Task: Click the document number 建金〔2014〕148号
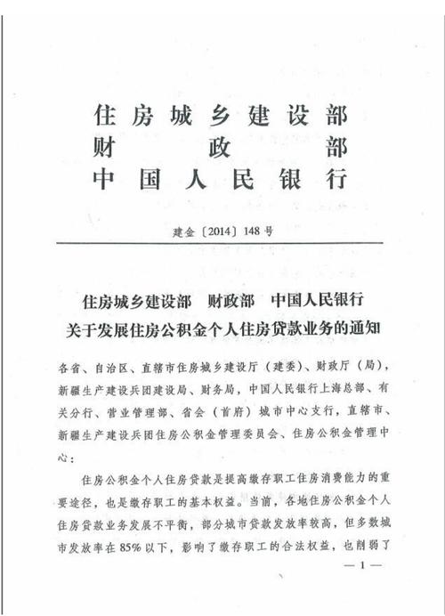(x=222, y=231)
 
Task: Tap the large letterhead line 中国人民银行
(x=220, y=179)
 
